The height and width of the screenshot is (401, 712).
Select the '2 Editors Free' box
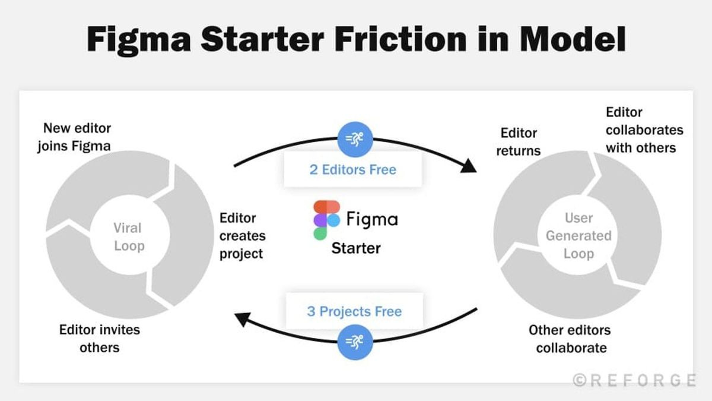coord(352,169)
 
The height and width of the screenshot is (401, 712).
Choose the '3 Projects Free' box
coord(354,311)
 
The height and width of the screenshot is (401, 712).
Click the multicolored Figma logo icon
coord(326,220)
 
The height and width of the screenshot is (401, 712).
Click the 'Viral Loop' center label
coord(128,236)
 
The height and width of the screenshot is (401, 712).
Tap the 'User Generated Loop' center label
coord(578,235)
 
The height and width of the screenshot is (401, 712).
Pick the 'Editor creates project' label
coord(243,236)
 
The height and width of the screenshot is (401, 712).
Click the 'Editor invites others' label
coord(100,338)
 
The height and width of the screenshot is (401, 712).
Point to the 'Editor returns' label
coord(519,141)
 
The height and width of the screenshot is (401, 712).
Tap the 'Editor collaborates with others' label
coord(644,130)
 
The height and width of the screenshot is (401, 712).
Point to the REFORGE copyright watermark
coord(634,380)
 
